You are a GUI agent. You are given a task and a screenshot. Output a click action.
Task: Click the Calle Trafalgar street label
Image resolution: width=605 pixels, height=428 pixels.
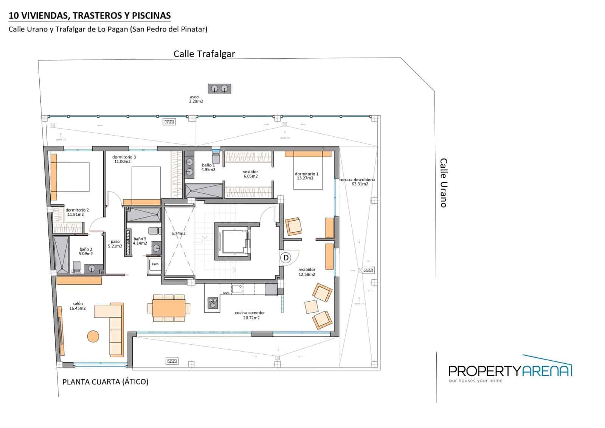[x=204, y=54]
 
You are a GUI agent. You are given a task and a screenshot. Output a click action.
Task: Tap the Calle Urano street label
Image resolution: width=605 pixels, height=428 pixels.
[x=443, y=183]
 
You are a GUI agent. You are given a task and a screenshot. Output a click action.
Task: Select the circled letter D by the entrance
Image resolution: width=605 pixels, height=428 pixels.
[x=286, y=258]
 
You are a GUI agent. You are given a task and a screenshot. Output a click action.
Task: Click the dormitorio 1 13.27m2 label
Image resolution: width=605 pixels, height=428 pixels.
[x=306, y=176]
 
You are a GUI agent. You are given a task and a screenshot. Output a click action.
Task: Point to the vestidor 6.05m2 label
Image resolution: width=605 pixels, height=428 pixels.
[x=250, y=174]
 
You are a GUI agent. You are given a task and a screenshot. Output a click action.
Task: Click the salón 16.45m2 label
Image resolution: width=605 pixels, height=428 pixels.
[x=78, y=306]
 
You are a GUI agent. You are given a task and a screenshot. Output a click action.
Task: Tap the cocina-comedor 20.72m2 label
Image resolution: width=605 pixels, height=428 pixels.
[x=250, y=315]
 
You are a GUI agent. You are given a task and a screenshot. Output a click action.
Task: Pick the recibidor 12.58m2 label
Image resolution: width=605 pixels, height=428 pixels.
[x=307, y=272]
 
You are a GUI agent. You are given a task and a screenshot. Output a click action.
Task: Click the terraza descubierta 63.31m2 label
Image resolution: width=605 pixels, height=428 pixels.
[x=357, y=182]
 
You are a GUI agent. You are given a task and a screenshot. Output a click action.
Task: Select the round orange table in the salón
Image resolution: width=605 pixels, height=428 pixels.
[x=93, y=336]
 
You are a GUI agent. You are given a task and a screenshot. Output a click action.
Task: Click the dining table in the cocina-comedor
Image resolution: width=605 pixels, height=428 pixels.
[x=169, y=308]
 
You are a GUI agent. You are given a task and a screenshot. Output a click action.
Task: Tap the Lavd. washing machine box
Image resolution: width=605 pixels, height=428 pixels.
[x=155, y=264]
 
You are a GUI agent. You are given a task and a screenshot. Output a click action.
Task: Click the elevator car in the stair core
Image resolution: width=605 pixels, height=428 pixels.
[x=233, y=241]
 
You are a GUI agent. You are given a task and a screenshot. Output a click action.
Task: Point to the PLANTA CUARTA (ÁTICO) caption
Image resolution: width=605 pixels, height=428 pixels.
[x=105, y=382]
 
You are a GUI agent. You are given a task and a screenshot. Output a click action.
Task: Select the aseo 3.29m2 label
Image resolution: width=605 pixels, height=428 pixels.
[x=195, y=99]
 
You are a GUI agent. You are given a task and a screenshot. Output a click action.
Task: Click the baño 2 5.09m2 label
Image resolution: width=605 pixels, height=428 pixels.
[x=86, y=252]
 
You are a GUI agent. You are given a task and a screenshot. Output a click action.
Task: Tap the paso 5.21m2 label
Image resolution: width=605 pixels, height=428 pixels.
[x=115, y=244]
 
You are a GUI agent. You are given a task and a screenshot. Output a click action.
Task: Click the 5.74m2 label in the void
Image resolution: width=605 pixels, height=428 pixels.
[x=178, y=233]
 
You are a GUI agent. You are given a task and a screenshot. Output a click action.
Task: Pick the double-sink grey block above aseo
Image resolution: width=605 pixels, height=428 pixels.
[x=219, y=89]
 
